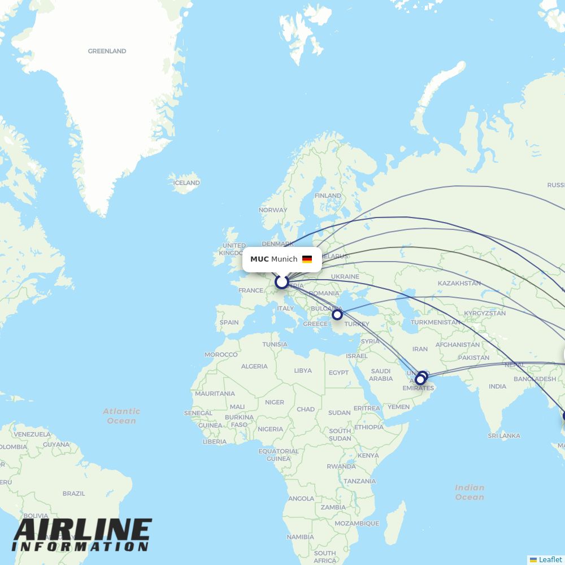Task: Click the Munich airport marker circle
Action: click(x=281, y=281)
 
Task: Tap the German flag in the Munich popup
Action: click(x=307, y=259)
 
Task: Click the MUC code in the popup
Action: click(x=259, y=259)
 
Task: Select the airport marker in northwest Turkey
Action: click(x=337, y=315)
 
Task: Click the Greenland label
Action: click(x=107, y=51)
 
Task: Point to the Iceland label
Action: click(x=186, y=182)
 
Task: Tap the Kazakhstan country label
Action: click(x=459, y=283)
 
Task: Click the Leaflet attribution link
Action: click(x=550, y=559)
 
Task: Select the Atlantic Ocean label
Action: click(x=121, y=416)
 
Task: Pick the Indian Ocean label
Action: click(x=470, y=492)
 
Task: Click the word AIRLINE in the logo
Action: click(x=82, y=531)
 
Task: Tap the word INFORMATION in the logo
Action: click(x=80, y=547)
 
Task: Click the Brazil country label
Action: click(x=74, y=493)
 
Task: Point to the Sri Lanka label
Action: click(x=504, y=436)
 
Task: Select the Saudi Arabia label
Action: click(x=381, y=375)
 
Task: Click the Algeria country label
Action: click(x=254, y=366)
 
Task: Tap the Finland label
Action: click(x=328, y=195)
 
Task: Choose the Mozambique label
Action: click(x=357, y=523)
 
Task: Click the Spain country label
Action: click(x=229, y=323)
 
